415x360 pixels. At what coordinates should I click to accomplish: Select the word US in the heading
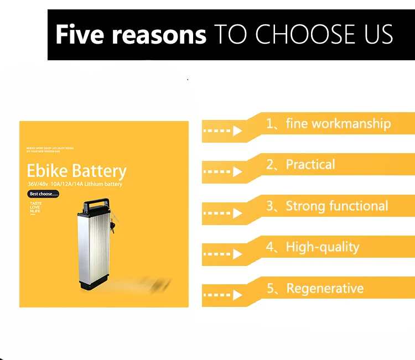(376, 34)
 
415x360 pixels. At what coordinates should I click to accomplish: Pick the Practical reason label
(310, 164)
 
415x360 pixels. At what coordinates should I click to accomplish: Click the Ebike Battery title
(76, 171)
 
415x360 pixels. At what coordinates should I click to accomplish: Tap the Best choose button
(43, 194)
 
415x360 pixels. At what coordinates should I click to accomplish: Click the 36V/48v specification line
(74, 184)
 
